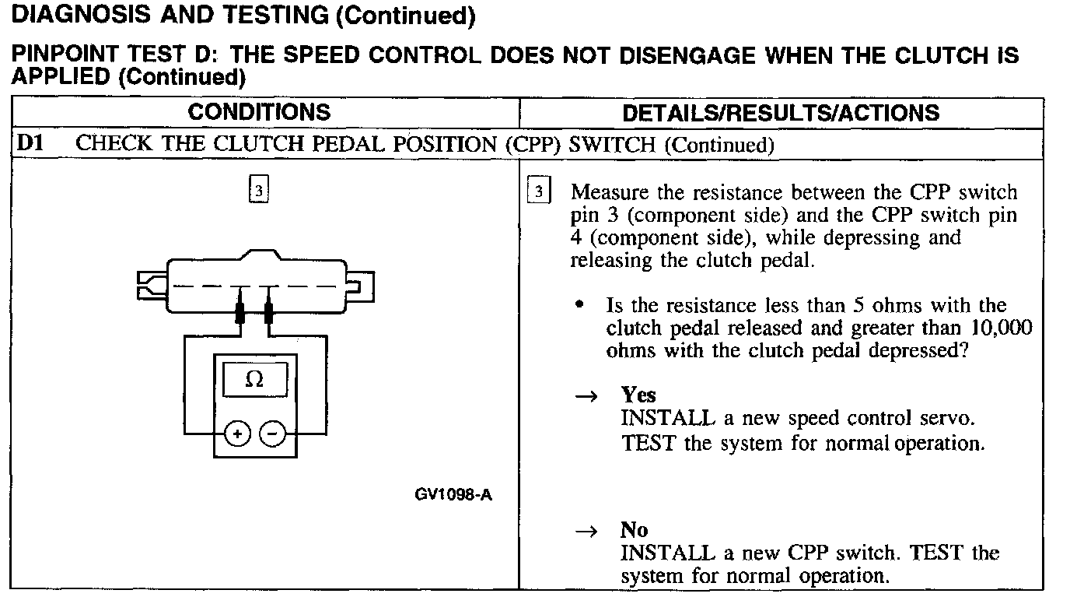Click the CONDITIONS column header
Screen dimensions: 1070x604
pyautogui.click(x=259, y=112)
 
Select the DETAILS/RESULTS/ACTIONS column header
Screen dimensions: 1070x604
pyautogui.click(x=781, y=113)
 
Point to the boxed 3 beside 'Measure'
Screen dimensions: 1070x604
pyautogui.click(x=538, y=191)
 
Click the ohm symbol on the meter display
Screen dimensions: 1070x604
pyautogui.click(x=254, y=381)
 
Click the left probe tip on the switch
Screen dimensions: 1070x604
pyautogui.click(x=240, y=313)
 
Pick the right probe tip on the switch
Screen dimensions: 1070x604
pyautogui.click(x=269, y=313)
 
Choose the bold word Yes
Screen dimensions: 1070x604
pyautogui.click(x=638, y=395)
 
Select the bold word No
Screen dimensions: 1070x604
pyautogui.click(x=634, y=530)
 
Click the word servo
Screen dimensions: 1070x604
pyautogui.click(x=950, y=419)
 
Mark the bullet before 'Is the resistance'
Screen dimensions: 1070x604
pyautogui.click(x=579, y=304)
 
